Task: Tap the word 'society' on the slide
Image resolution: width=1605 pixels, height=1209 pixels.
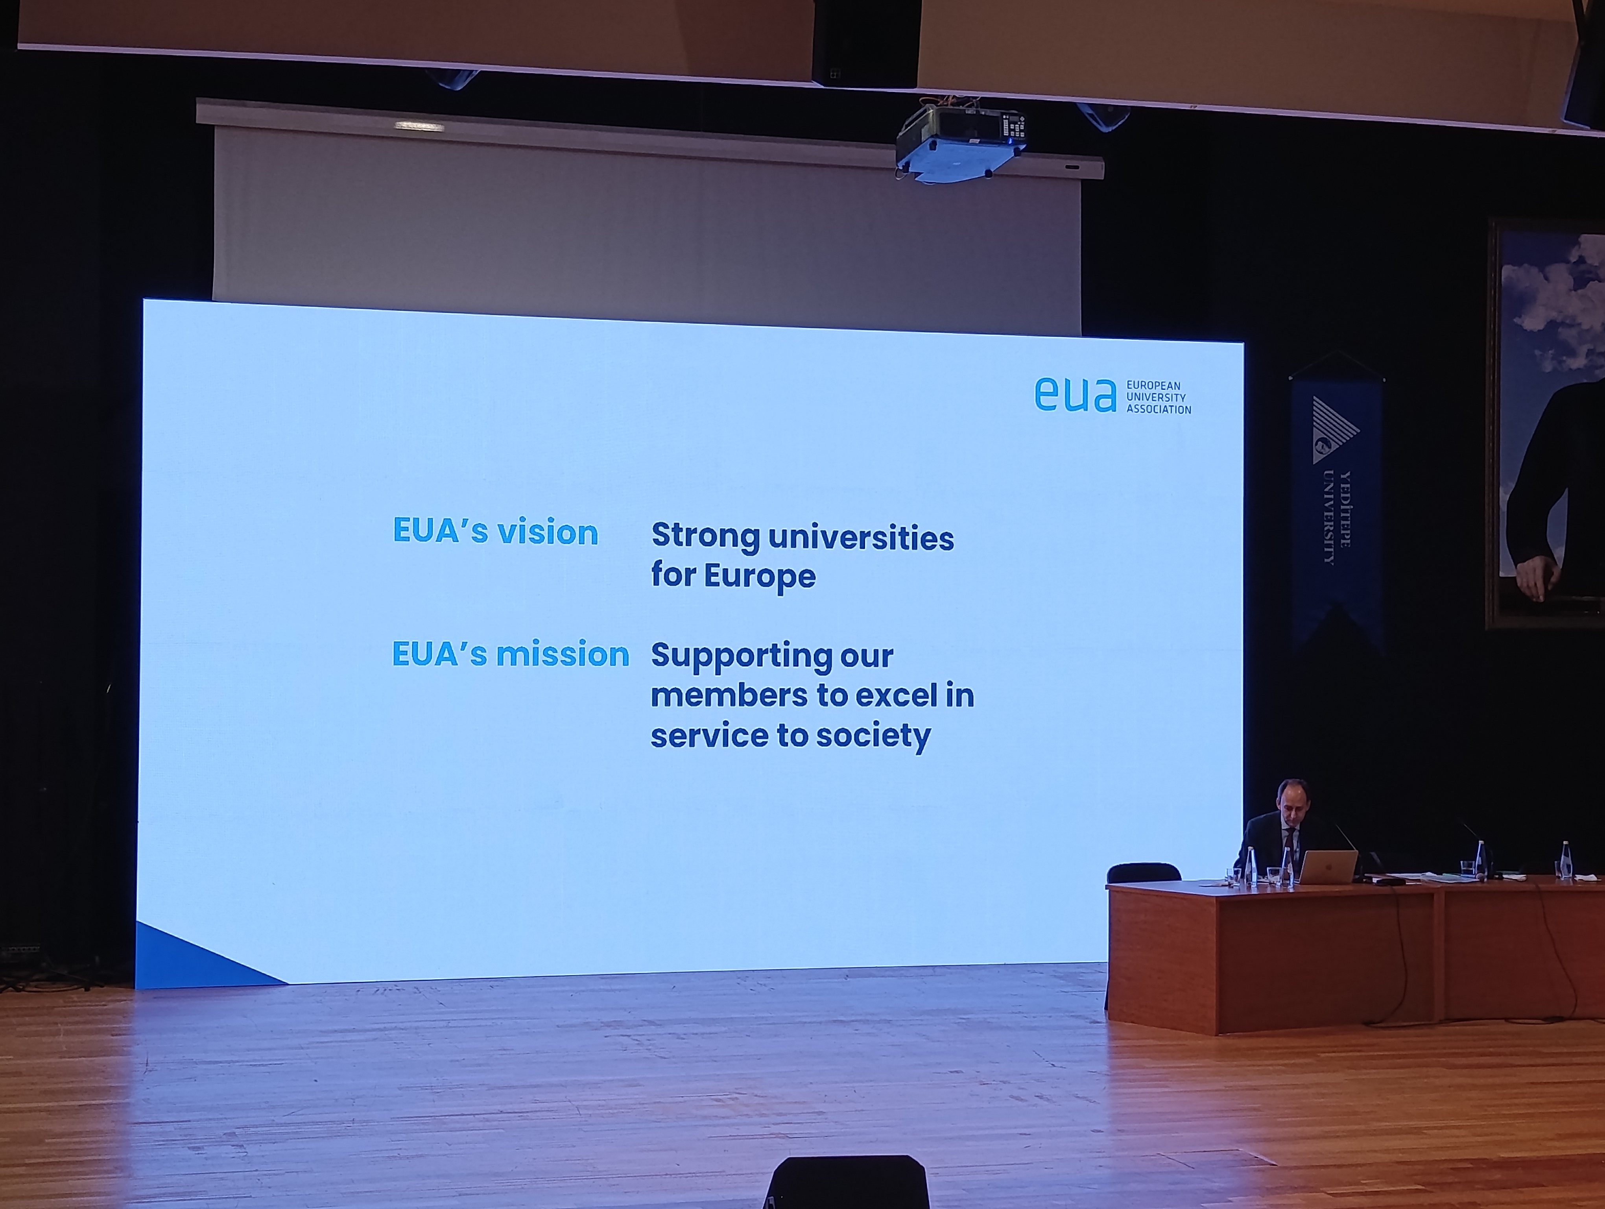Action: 873,737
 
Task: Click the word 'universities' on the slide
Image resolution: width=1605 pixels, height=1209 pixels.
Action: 861,538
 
